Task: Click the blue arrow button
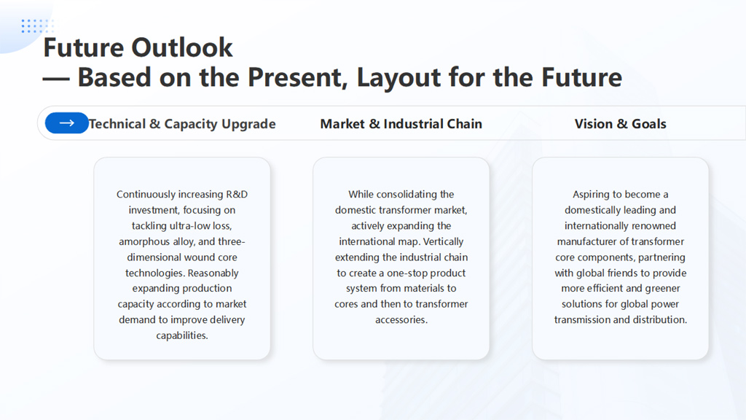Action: point(66,122)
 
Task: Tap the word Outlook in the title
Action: point(181,47)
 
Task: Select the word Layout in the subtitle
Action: point(398,77)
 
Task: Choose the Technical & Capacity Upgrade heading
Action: point(182,124)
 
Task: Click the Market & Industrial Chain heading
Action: point(401,124)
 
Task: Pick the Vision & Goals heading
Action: point(621,124)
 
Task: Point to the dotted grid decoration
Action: point(38,26)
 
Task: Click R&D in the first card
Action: point(237,194)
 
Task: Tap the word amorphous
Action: point(144,241)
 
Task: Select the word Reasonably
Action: point(213,273)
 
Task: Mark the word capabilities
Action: point(181,335)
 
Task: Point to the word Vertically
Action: point(443,241)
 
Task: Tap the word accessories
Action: point(401,320)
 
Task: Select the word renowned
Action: point(652,226)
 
